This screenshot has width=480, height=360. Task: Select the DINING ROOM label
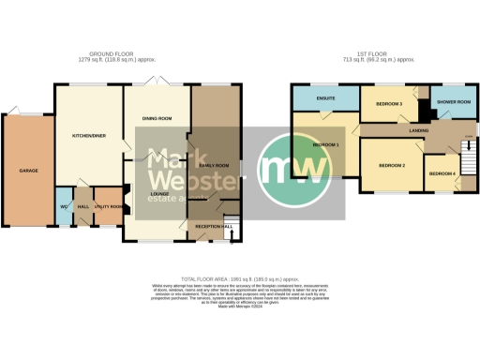tap(157, 118)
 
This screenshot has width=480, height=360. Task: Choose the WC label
tap(62, 206)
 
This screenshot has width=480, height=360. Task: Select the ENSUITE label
tap(326, 97)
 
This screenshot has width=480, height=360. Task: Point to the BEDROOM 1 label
tap(325, 145)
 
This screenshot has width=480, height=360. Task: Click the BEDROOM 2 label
tap(391, 165)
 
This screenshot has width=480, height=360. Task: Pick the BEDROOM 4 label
tap(442, 173)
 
